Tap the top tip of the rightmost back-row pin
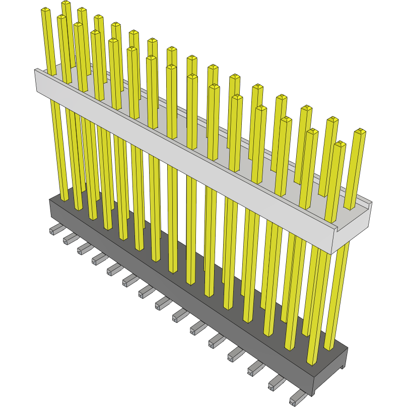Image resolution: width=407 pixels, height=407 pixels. point(360,131)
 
